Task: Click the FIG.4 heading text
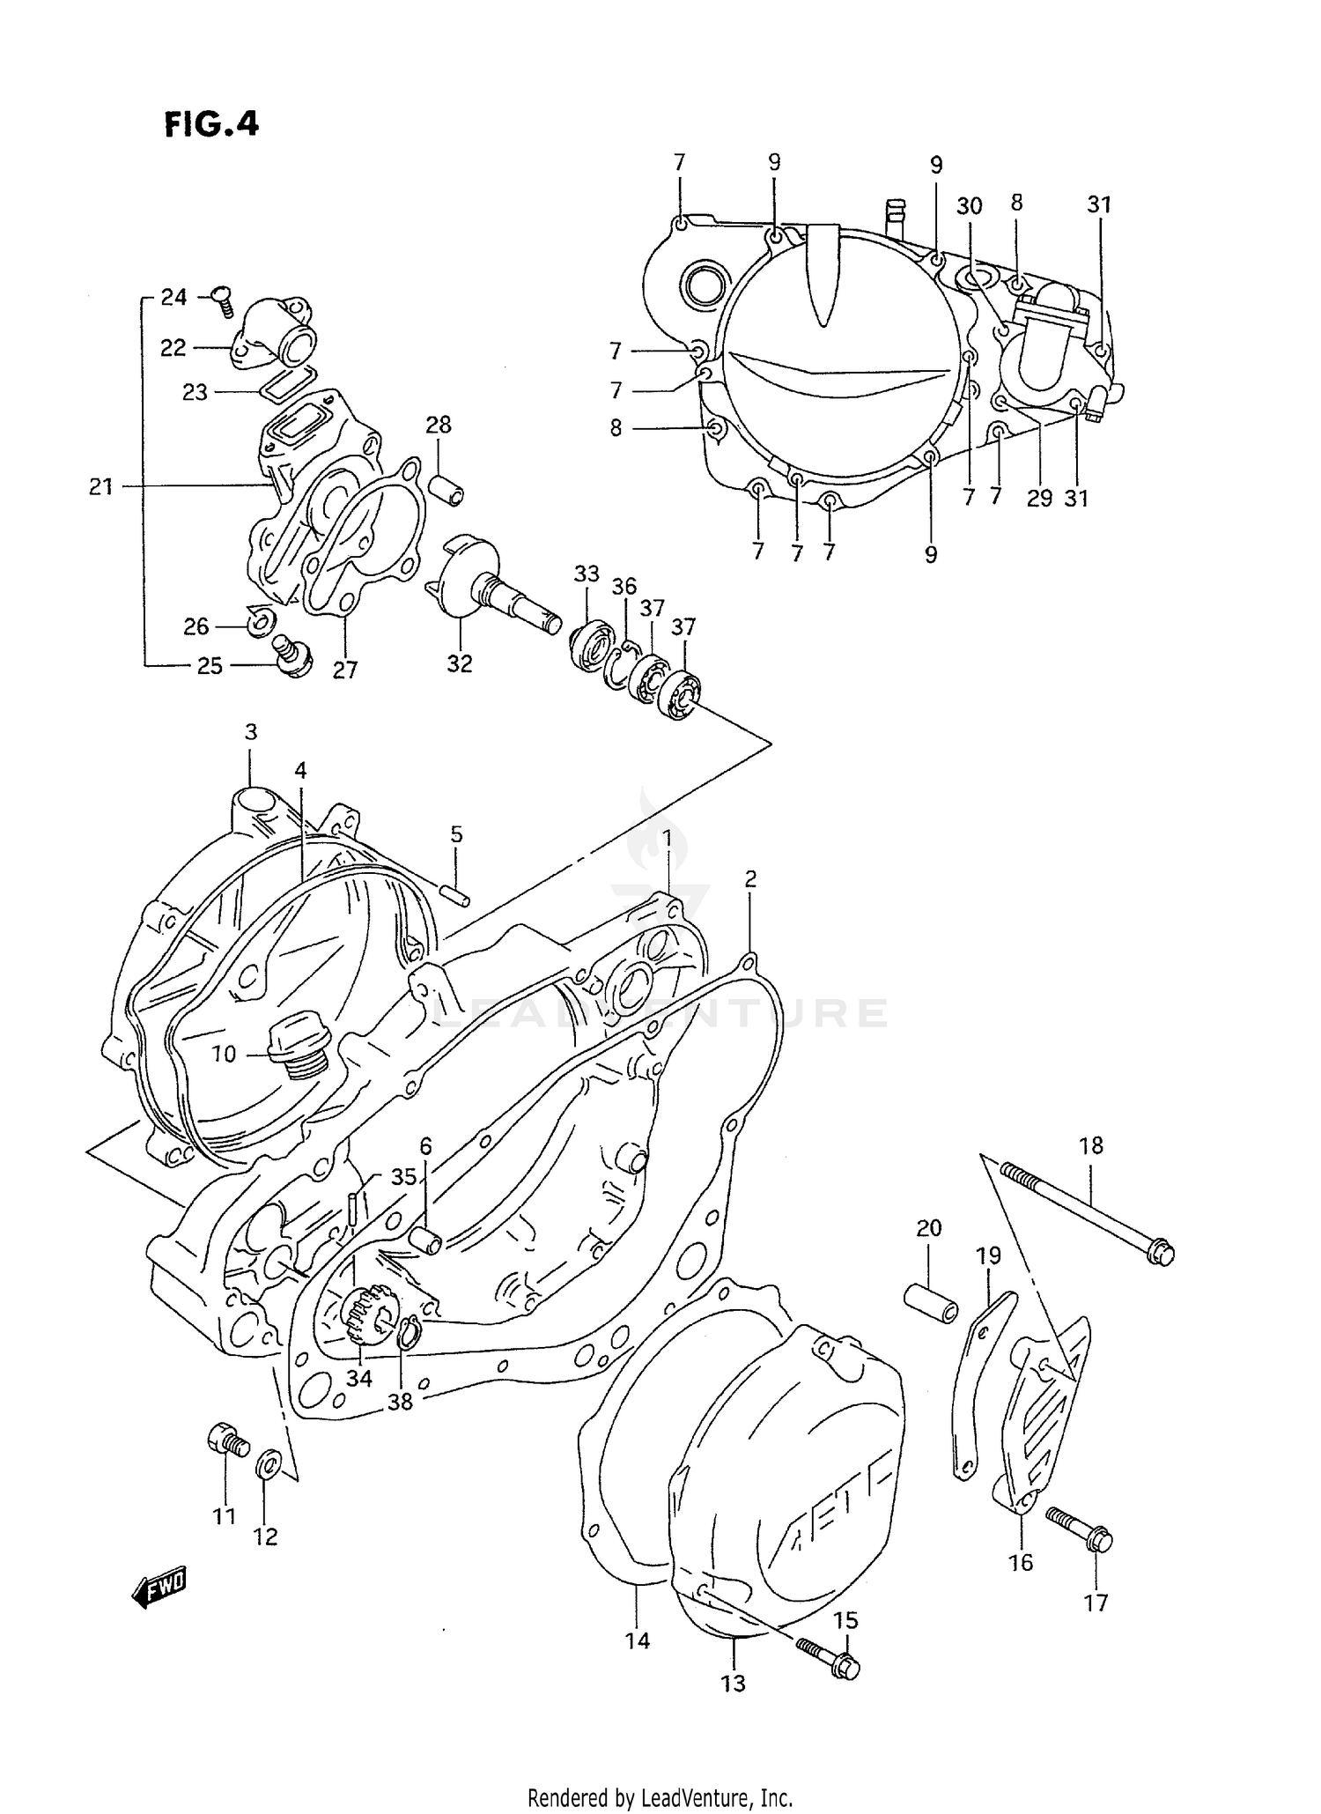[211, 124]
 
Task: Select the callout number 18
[1090, 1145]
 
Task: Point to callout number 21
[100, 485]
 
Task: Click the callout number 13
[733, 1683]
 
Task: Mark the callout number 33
[587, 574]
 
